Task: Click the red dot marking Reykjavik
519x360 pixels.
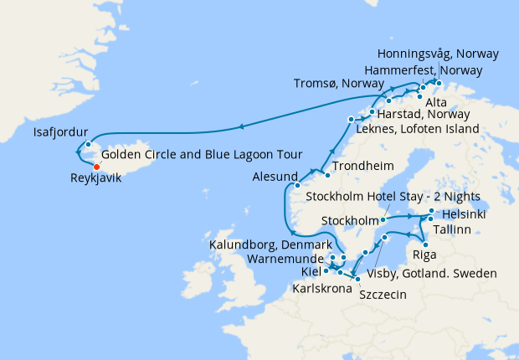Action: [96, 167]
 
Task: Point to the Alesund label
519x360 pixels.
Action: [275, 177]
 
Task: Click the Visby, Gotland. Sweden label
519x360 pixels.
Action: [434, 274]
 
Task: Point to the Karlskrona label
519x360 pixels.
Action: [321, 287]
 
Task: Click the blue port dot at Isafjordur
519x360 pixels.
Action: [88, 143]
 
